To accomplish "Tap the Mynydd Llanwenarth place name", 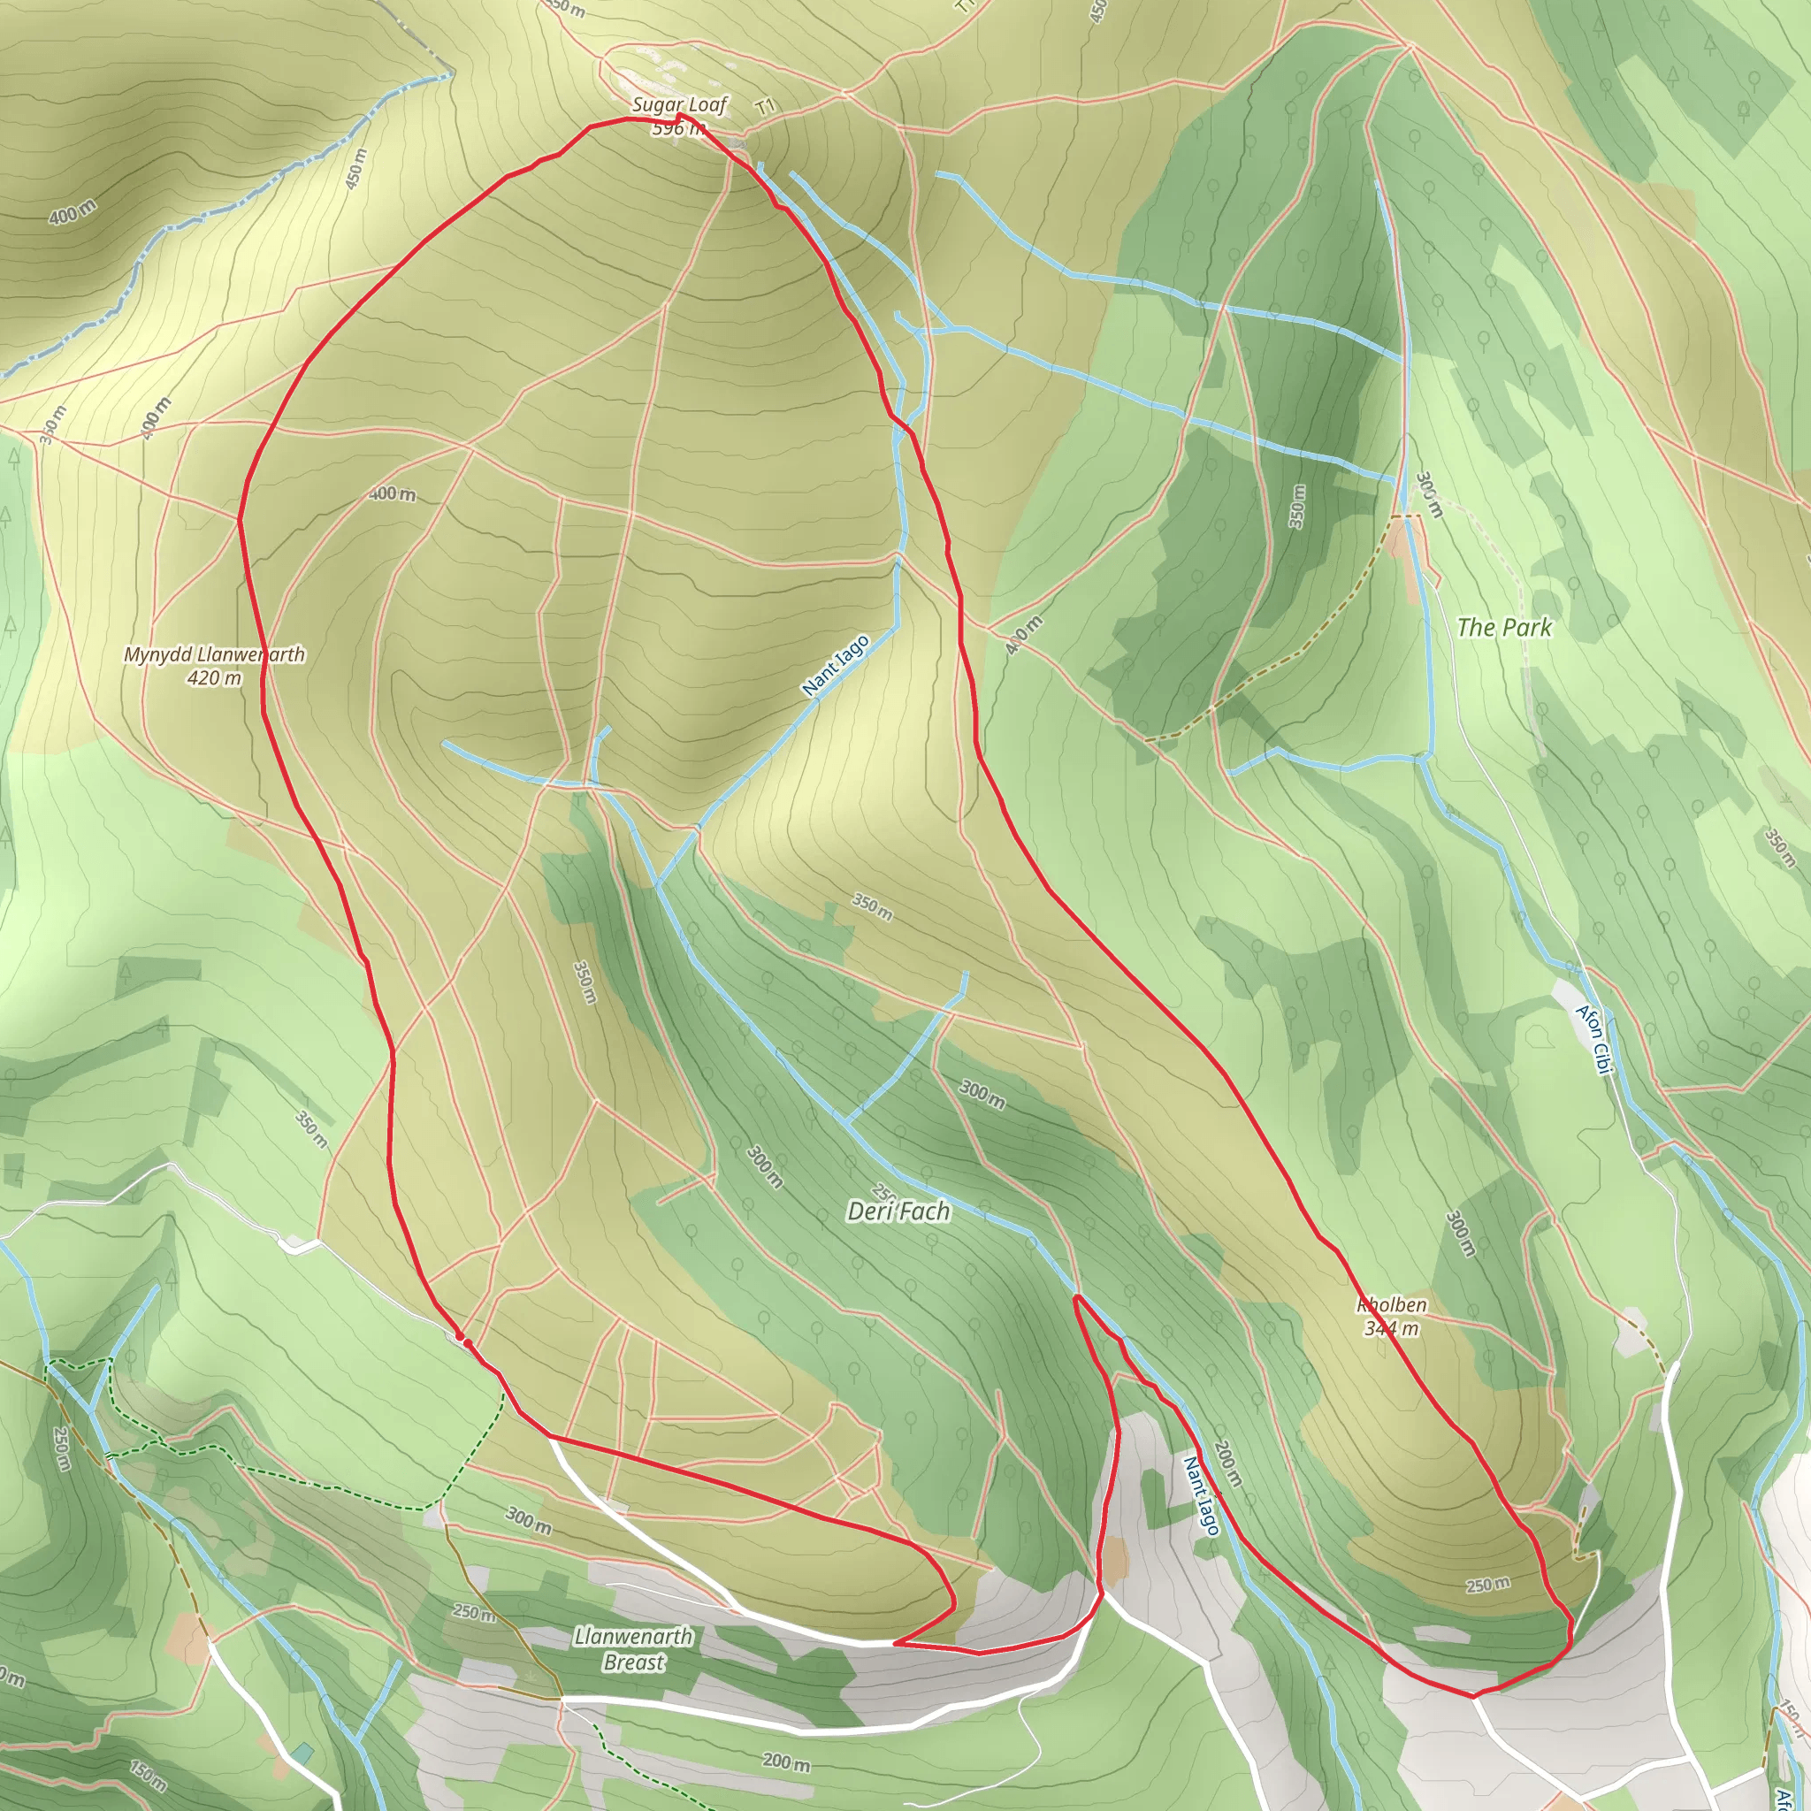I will pyautogui.click(x=214, y=654).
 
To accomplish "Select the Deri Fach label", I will pyautogui.click(x=898, y=1212).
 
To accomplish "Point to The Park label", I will pyautogui.click(x=1503, y=627).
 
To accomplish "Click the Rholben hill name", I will pyautogui.click(x=1391, y=1305).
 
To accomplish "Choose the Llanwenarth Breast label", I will pyautogui.click(x=634, y=1649).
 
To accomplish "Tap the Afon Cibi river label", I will pyautogui.click(x=1593, y=1040).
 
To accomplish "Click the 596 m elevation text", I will pyautogui.click(x=676, y=127).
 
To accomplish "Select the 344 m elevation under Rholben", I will pyautogui.click(x=1391, y=1328).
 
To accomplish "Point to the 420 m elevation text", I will pyautogui.click(x=214, y=677).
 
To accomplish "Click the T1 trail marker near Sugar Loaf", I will pyautogui.click(x=766, y=107).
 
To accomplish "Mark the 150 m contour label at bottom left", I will pyautogui.click(x=148, y=1776).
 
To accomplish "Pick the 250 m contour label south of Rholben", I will pyautogui.click(x=1487, y=1586).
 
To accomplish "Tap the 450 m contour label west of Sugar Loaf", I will pyautogui.click(x=356, y=169).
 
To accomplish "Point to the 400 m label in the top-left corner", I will pyautogui.click(x=73, y=213).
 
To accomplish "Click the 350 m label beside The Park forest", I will pyautogui.click(x=1296, y=506).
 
